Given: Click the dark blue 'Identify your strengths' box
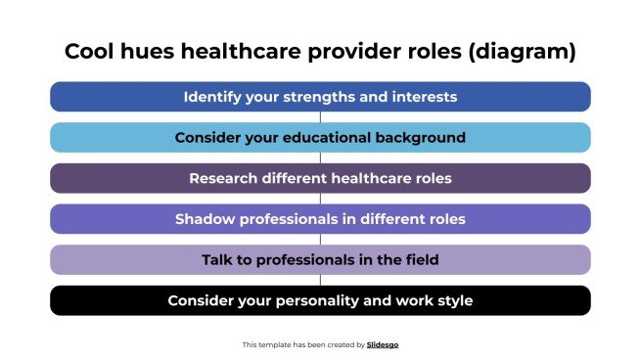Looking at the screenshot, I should [x=320, y=97].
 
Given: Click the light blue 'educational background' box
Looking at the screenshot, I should [x=320, y=138].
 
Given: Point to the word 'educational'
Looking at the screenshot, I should [x=339, y=138].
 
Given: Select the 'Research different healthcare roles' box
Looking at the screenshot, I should [x=320, y=178].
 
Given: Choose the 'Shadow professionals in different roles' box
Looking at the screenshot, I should [x=320, y=219].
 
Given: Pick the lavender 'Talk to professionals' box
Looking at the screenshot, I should [x=320, y=259].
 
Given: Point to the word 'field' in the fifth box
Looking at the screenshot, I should [x=419, y=259].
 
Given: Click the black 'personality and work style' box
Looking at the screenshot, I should [x=320, y=300].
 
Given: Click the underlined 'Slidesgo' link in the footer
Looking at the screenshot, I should [x=383, y=344].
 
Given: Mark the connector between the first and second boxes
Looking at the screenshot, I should [x=320, y=117].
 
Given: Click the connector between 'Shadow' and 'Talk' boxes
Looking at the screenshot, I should [x=320, y=240].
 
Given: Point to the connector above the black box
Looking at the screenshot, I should [x=320, y=280].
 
